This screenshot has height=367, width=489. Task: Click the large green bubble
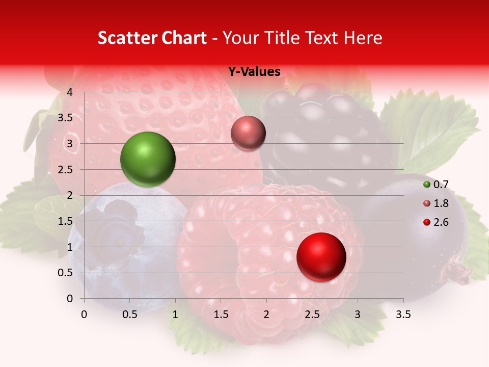click(148, 159)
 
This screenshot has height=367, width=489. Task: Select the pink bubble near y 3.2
click(248, 134)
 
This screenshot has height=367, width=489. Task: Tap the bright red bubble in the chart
click(321, 257)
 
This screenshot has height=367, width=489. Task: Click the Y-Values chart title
click(254, 72)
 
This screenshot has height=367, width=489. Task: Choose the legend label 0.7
click(441, 185)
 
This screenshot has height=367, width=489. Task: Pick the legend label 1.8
click(441, 203)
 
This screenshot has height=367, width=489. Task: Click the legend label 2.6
click(441, 222)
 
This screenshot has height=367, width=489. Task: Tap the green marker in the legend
click(427, 185)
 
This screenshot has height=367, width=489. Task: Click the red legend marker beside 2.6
click(427, 222)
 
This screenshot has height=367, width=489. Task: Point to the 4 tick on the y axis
click(70, 92)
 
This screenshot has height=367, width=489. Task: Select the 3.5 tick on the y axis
click(66, 118)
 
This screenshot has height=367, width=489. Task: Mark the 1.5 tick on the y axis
click(66, 221)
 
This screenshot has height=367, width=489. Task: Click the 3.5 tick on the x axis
click(403, 314)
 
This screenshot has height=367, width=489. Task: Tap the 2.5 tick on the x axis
click(312, 314)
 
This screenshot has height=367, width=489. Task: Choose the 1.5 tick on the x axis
click(221, 314)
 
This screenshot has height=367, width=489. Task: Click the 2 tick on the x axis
click(266, 314)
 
